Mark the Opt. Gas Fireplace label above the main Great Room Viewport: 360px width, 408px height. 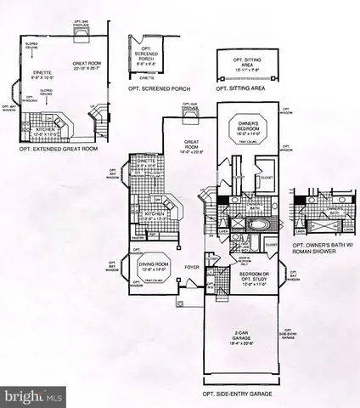(x=188, y=105)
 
